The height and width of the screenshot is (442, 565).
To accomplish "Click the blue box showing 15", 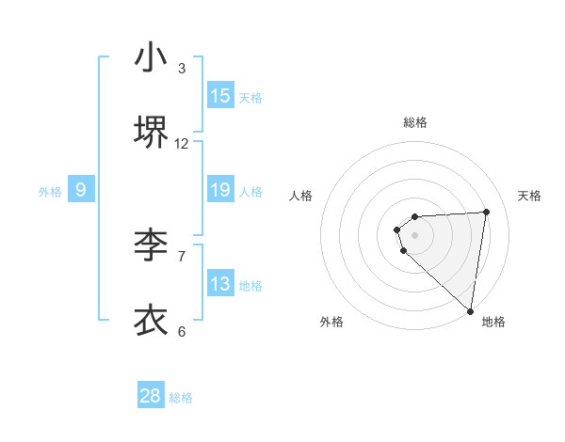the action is pos(220,96).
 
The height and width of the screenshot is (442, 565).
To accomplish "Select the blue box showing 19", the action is pos(220,190).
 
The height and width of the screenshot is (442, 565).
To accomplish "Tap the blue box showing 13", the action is pos(220,284).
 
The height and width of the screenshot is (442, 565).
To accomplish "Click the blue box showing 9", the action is pos(81,190).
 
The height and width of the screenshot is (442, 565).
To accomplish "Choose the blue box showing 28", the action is pos(151,396).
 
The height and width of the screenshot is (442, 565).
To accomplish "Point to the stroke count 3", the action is pos(182,69).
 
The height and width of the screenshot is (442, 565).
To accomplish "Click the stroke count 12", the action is pos(182,143).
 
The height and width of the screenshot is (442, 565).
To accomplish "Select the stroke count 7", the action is pos(182,255).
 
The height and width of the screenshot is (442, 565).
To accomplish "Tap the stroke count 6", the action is pos(182,330).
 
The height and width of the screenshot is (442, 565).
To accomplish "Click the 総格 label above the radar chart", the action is pos(415,122).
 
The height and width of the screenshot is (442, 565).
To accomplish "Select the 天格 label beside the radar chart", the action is pos(529,196).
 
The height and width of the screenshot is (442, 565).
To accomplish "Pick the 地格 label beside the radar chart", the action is pos(493,322).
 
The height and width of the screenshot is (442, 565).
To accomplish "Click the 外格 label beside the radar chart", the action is pos(331,322).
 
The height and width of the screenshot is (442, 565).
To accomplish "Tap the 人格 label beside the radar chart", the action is pos(301,196).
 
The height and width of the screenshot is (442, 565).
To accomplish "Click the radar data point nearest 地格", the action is pos(471,310).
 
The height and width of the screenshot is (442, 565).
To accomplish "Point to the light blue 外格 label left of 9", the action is pos(50,192).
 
